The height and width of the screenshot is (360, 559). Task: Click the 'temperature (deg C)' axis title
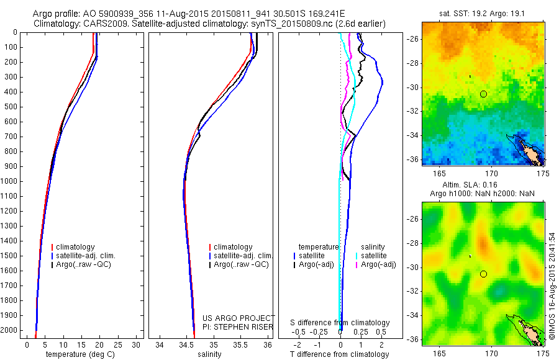(78, 354)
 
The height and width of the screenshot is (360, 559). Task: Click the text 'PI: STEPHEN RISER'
(237, 326)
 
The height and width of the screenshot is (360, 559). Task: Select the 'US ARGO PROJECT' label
(238, 318)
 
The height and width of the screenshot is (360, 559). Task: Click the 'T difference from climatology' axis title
(339, 354)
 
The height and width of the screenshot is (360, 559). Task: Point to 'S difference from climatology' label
(340, 323)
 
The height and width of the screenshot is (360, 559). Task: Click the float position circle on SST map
(483, 94)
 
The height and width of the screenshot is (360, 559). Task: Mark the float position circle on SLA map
(483, 274)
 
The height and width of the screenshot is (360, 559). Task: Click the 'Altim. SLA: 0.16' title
(483, 186)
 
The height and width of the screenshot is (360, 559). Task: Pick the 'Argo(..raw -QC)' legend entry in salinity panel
(241, 264)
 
